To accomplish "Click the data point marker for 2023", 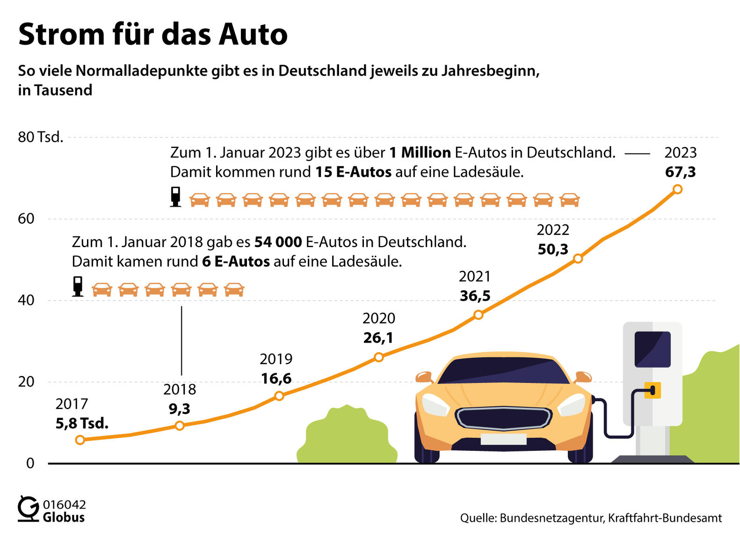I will [x=677, y=189].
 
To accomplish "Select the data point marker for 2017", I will [x=80, y=440].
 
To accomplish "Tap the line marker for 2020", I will [x=379, y=357].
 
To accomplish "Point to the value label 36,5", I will [x=475, y=296].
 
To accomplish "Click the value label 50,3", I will [x=552, y=249].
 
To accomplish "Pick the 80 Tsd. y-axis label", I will [x=40, y=137].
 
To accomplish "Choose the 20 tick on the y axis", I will [x=26, y=382].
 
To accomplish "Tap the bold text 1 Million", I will [x=420, y=153].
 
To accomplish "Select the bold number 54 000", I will [x=278, y=242].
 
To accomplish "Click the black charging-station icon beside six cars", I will [x=78, y=287].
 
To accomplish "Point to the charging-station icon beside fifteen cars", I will [x=175, y=197].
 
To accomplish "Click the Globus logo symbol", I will [x=28, y=509].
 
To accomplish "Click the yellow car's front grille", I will [x=504, y=417].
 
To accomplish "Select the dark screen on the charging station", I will [x=652, y=349].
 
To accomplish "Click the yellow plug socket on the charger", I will [x=653, y=390].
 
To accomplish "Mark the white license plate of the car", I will [x=503, y=439].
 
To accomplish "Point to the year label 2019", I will [x=276, y=359].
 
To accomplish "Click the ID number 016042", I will [x=65, y=504].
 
